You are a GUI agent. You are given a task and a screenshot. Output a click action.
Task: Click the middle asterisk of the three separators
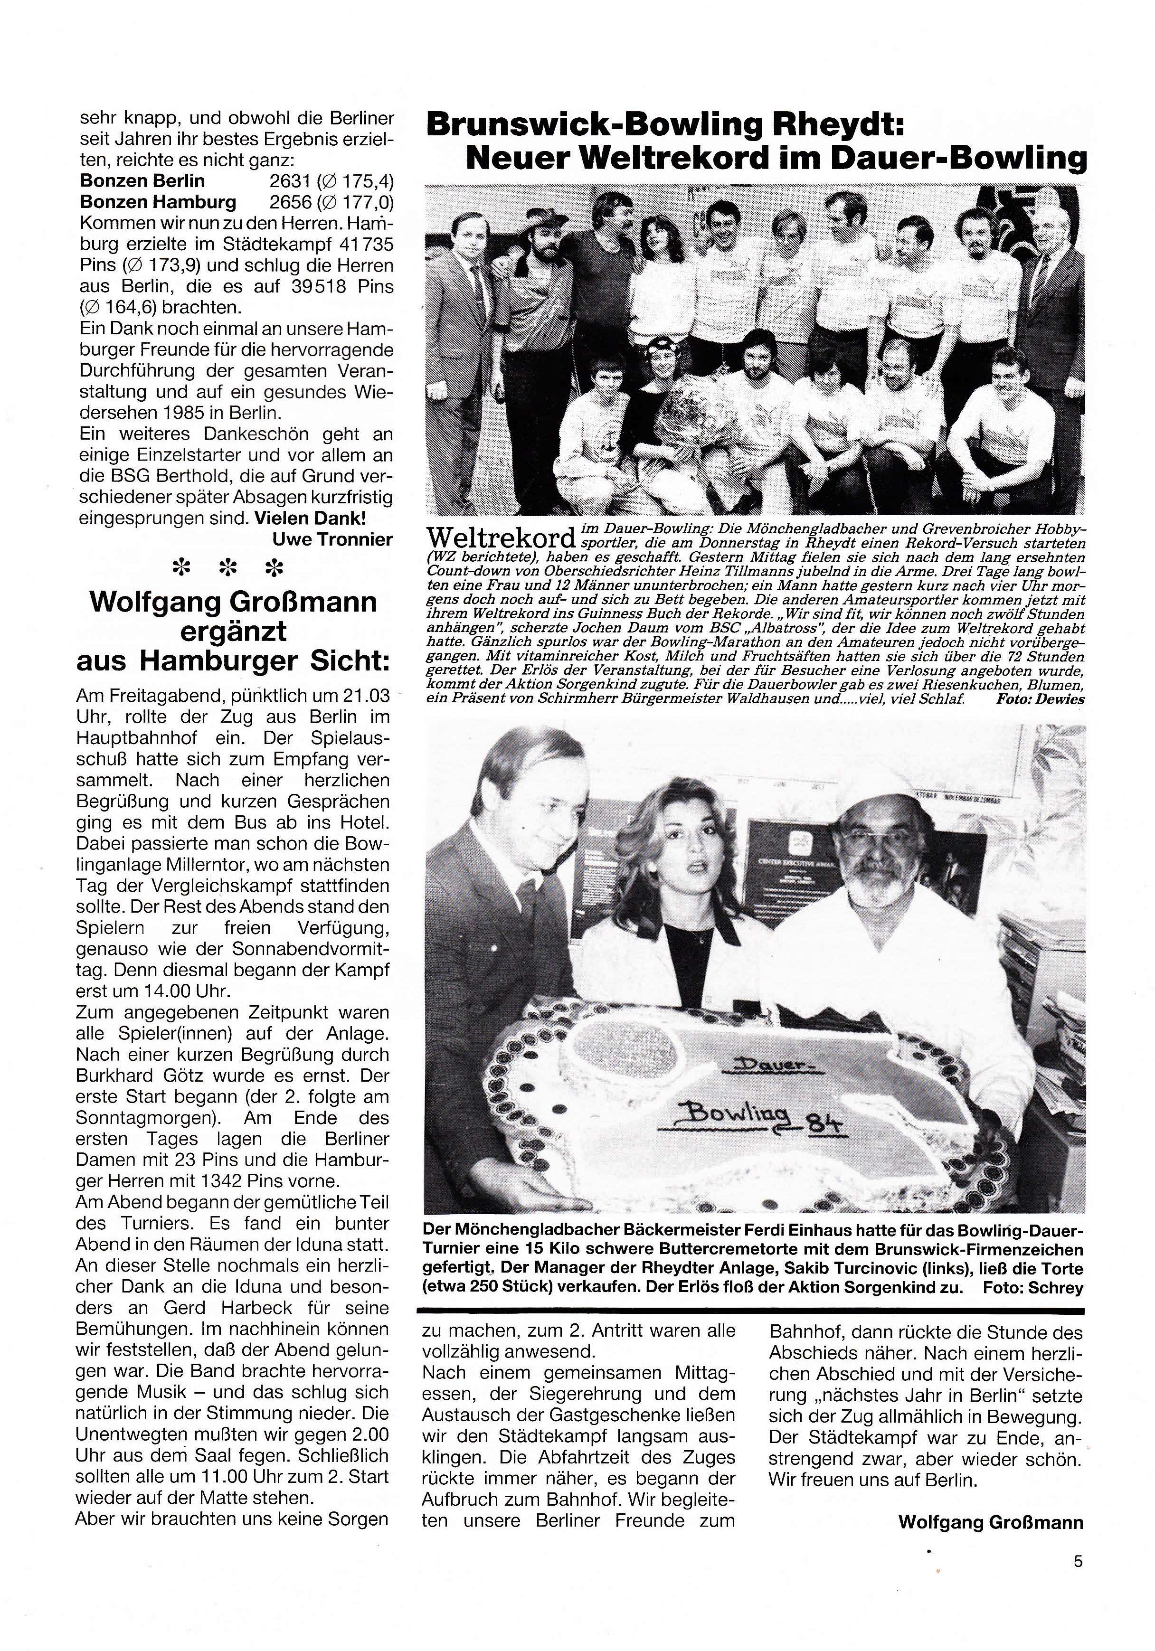tap(229, 569)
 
